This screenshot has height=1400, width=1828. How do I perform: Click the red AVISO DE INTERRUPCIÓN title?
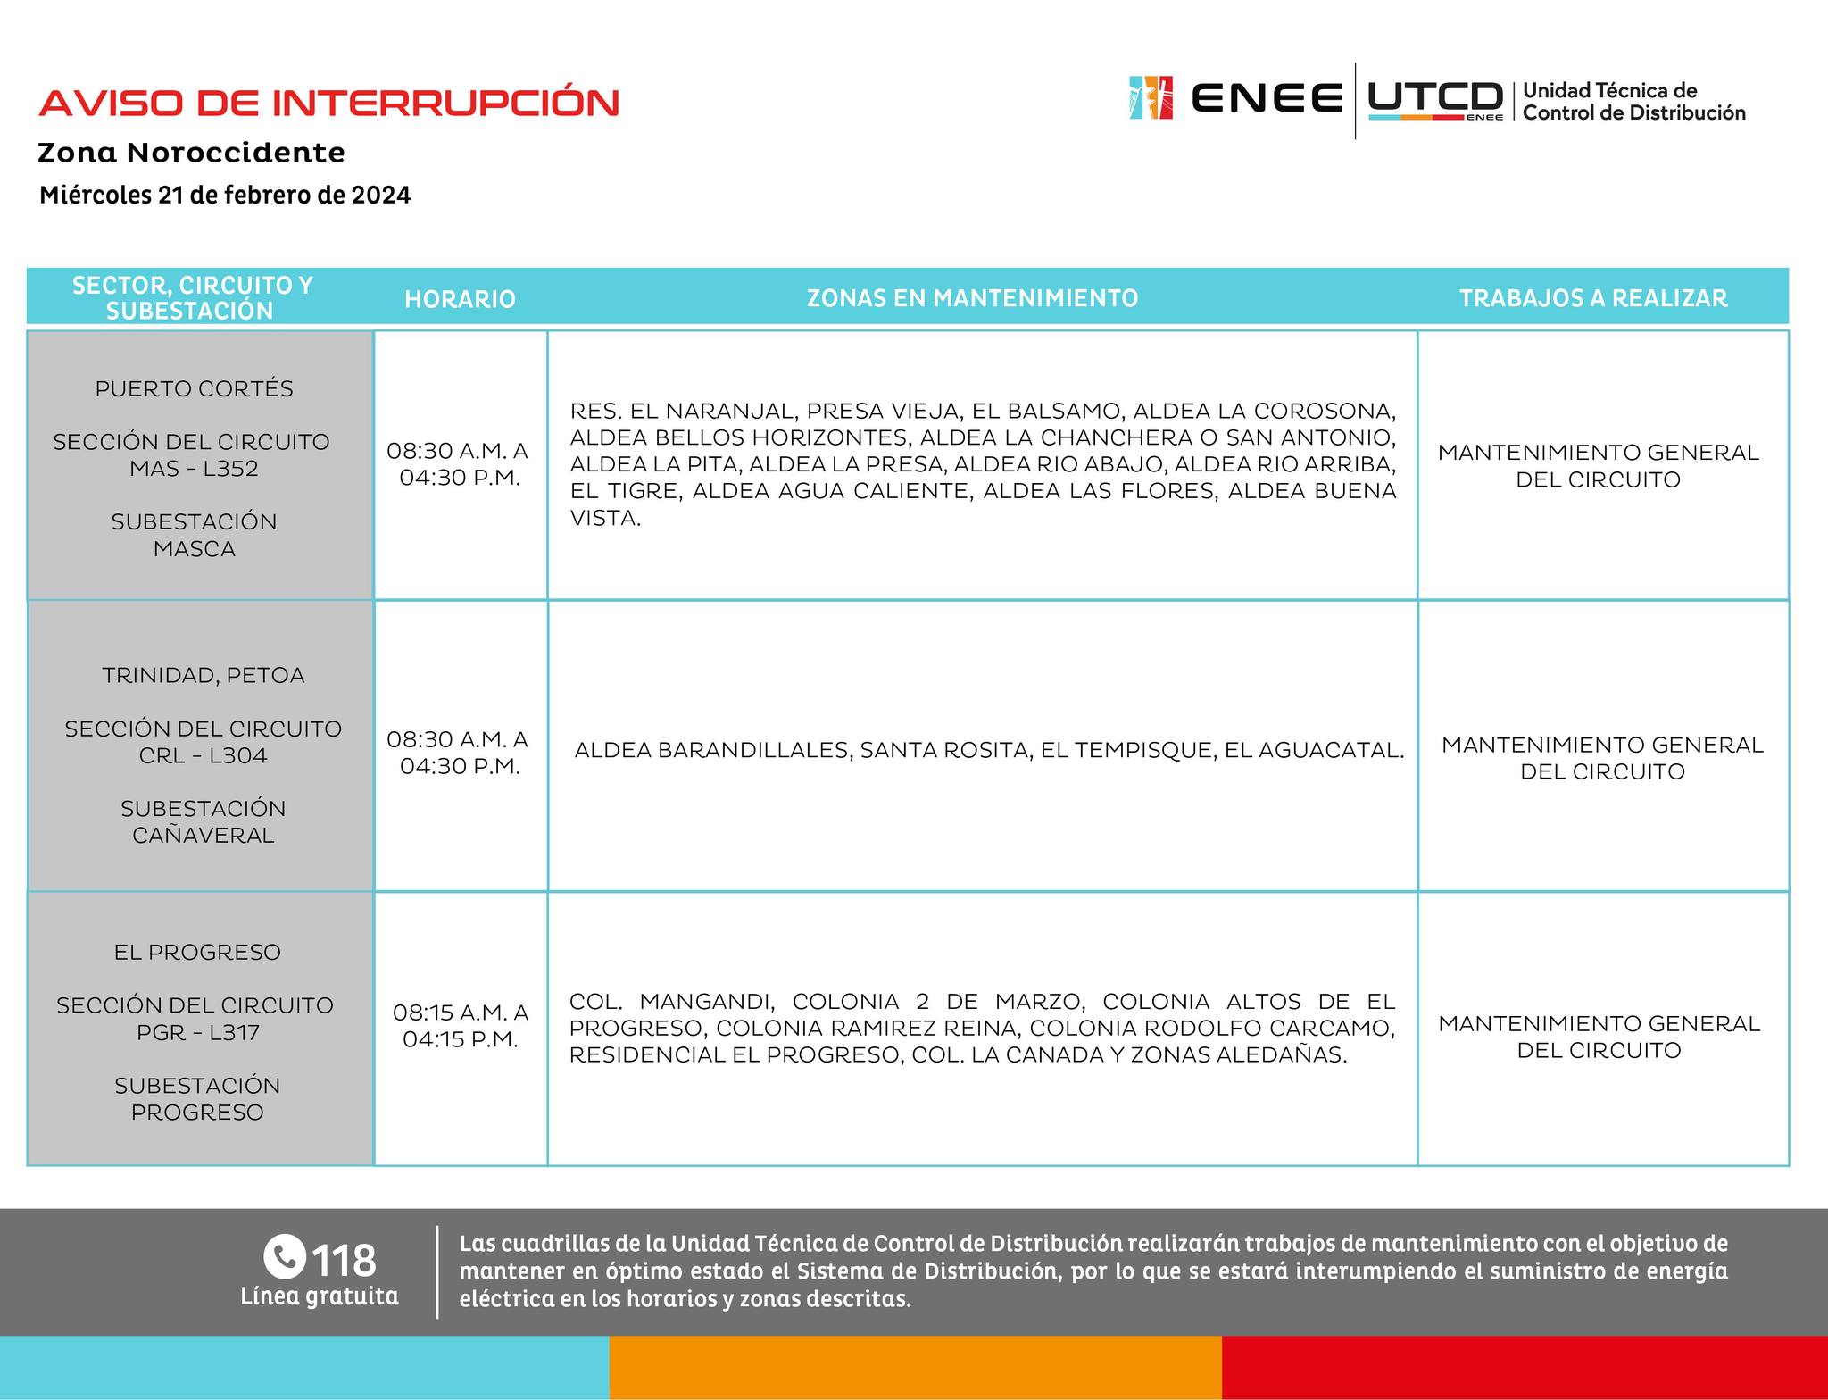coord(328,103)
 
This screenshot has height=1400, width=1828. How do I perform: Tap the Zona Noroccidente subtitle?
coord(191,153)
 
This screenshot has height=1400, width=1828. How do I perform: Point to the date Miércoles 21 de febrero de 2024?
coord(225,196)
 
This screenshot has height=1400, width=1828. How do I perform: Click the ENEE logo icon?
coord(1150,97)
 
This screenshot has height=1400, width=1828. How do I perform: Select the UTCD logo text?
coord(1434,98)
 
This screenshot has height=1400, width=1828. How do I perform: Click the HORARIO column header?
coord(460,299)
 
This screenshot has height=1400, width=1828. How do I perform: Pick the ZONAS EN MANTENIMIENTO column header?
coord(972,298)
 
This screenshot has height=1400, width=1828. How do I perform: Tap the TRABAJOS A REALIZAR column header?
coord(1593,298)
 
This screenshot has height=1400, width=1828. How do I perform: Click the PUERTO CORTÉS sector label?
coord(194,389)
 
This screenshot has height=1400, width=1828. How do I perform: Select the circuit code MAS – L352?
coord(194,469)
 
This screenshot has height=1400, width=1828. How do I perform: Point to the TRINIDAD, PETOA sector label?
coord(203,676)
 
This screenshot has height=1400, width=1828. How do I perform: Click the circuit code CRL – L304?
coord(203,756)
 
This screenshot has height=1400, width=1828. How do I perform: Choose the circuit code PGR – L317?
coord(197,1033)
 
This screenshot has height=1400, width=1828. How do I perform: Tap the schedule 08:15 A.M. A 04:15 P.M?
coord(460,1026)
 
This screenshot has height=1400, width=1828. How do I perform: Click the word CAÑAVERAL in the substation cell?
coord(203,836)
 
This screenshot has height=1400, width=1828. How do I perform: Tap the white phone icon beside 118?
coord(285,1257)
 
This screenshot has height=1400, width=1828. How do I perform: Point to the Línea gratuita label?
coord(319,1296)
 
